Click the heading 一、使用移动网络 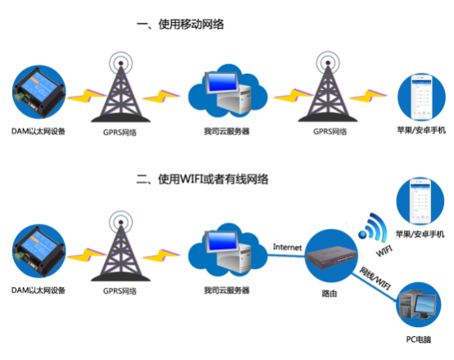[180, 25]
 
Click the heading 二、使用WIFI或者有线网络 [203, 178]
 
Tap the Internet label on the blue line [288, 247]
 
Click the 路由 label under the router [331, 290]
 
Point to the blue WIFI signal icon [375, 226]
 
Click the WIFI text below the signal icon [383, 248]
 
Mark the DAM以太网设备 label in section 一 [39, 131]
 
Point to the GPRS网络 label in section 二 [120, 290]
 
